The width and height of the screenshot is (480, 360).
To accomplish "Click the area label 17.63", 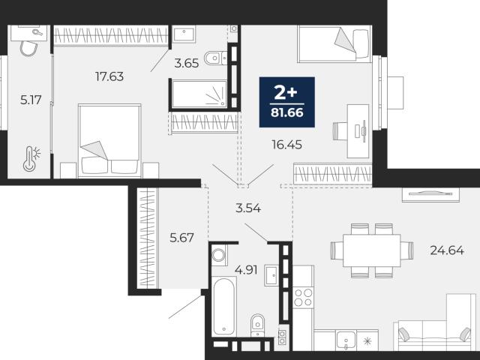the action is (109, 76).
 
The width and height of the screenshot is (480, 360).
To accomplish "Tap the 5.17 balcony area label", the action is (31, 100).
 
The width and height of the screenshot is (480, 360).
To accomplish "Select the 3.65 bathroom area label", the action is (187, 63).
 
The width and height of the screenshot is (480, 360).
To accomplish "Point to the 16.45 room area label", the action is (286, 145).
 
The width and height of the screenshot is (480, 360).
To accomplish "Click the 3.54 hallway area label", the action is (248, 208).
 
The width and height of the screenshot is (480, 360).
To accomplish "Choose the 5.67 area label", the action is (181, 238).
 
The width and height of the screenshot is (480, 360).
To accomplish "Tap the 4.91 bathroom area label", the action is (246, 270).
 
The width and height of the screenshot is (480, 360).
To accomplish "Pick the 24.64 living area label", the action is (447, 250).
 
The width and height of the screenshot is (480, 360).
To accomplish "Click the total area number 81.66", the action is (286, 113).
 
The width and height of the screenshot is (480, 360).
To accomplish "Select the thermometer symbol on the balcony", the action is (31, 158).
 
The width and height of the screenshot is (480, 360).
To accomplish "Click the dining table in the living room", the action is (372, 250).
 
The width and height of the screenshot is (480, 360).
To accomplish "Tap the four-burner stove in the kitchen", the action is (303, 298).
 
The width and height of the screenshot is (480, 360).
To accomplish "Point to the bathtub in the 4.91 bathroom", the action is (224, 307).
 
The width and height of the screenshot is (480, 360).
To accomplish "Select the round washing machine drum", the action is (218, 255).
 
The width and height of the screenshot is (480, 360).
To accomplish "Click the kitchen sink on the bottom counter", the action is (346, 340).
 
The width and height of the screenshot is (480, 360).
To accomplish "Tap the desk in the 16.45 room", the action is (358, 131).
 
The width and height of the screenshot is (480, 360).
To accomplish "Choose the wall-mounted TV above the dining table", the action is (430, 194).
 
